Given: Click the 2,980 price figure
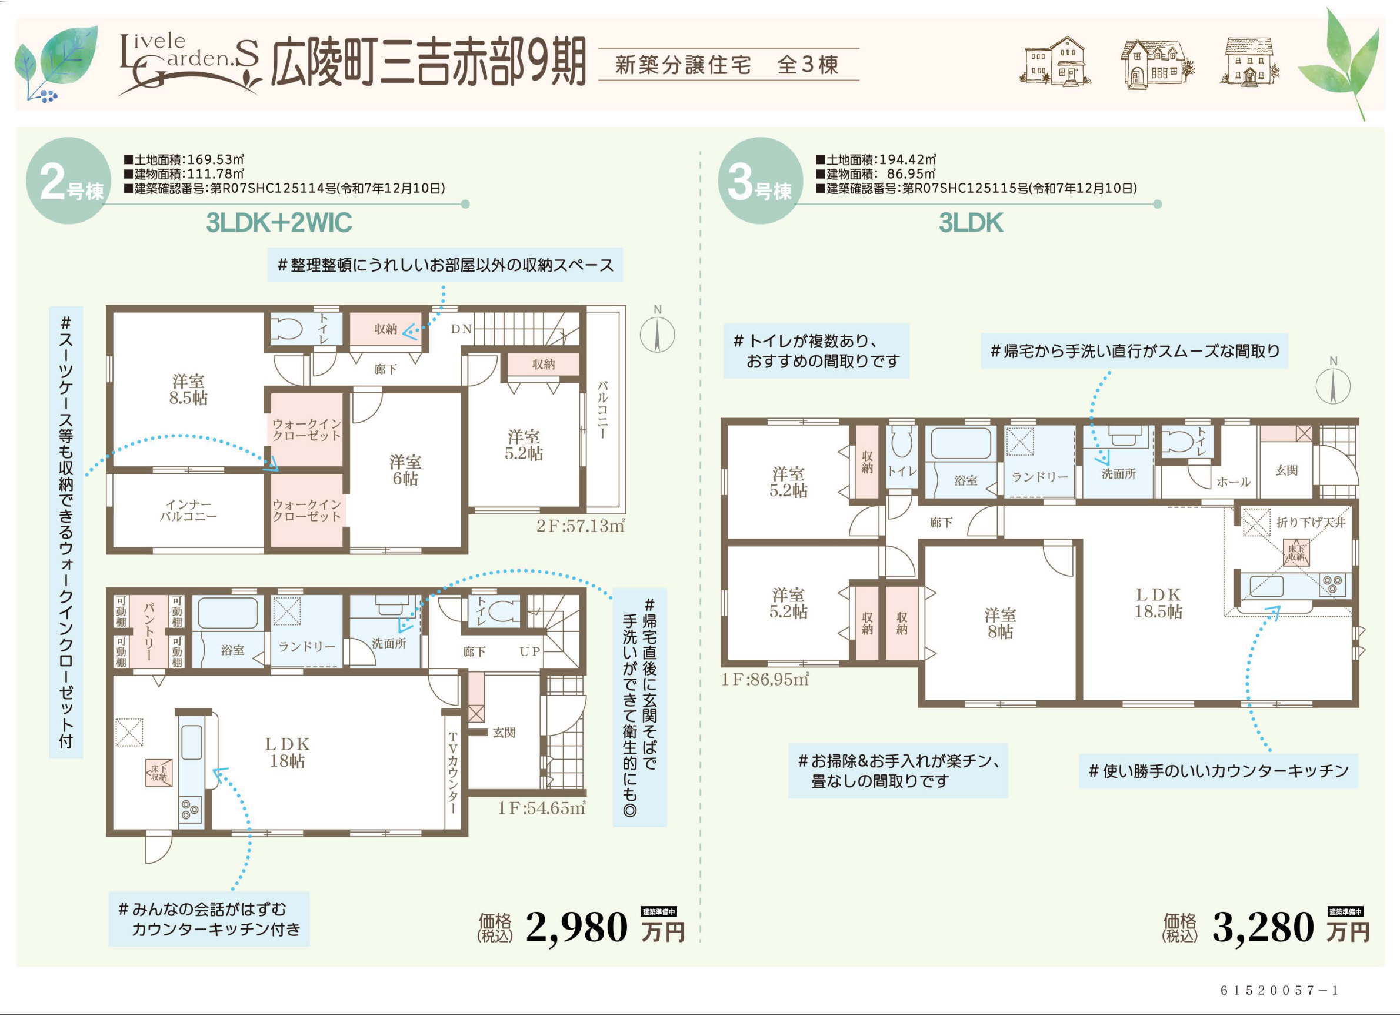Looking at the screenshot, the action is [576, 928].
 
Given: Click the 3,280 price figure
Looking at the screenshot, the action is [1263, 928].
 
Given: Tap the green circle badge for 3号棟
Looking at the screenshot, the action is [761, 180].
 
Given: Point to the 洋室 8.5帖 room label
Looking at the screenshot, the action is [188, 389].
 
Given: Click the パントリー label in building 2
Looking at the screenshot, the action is [148, 631].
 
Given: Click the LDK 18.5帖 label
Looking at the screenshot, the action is [1158, 603].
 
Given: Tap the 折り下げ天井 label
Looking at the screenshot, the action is [1310, 523].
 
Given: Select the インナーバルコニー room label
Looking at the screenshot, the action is [188, 511].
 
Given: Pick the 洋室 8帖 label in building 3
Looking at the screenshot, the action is [1000, 623].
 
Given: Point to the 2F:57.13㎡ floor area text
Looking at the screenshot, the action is [580, 526].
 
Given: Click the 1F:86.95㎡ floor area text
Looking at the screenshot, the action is [765, 679].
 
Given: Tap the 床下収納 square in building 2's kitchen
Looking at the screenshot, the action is [159, 773].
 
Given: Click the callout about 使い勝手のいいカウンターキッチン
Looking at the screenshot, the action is [1218, 770].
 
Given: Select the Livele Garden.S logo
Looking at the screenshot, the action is [189, 63].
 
